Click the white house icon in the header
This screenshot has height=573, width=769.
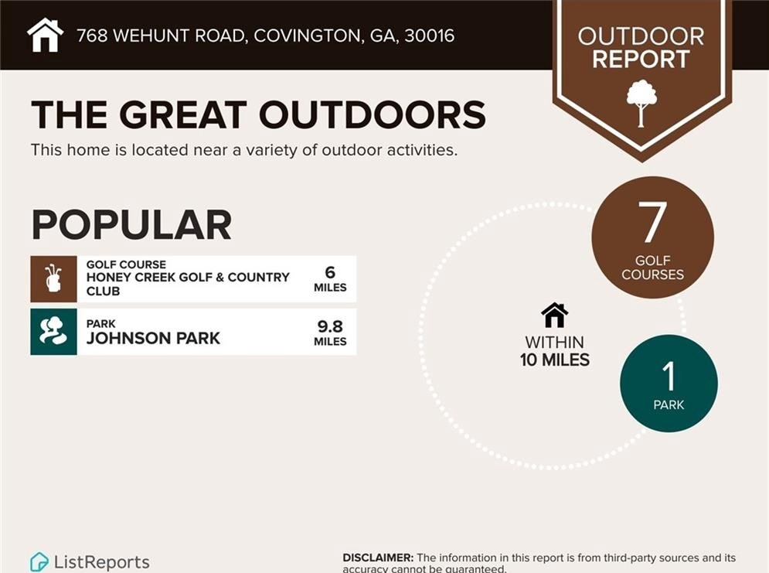pyautogui.click(x=45, y=35)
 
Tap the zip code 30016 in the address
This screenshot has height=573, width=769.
pyautogui.click(x=430, y=36)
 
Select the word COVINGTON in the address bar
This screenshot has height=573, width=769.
pyautogui.click(x=308, y=36)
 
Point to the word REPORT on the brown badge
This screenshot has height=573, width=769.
pyautogui.click(x=641, y=60)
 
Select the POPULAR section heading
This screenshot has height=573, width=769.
pyautogui.click(x=131, y=225)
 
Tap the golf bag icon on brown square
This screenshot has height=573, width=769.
pyautogui.click(x=53, y=278)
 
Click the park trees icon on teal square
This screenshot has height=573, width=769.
pyautogui.click(x=53, y=332)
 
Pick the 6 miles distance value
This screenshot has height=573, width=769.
pyautogui.click(x=330, y=278)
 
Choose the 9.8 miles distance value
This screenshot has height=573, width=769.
pyautogui.click(x=330, y=333)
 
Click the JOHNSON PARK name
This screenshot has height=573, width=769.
pyautogui.click(x=153, y=338)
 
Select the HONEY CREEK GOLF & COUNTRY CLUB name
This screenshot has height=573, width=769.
pyautogui.click(x=188, y=284)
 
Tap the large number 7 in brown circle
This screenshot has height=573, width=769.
pyautogui.click(x=653, y=221)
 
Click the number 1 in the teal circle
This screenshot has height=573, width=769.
pyautogui.click(x=669, y=376)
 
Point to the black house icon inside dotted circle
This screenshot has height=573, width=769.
pyautogui.click(x=555, y=315)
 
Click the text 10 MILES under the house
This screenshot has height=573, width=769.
pyautogui.click(x=555, y=360)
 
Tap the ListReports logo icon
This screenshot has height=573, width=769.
pyautogui.click(x=39, y=561)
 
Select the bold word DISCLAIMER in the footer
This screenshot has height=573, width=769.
pyautogui.click(x=378, y=558)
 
